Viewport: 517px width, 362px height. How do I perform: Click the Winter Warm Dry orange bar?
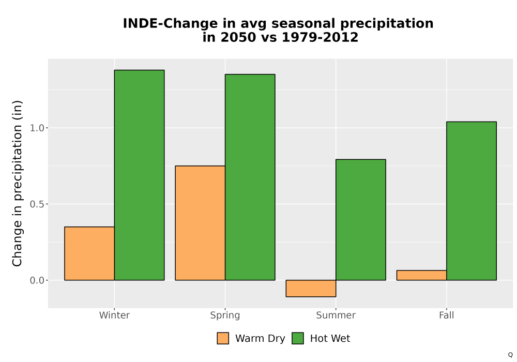point(89,253)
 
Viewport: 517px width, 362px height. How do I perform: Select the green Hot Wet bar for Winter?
point(139,175)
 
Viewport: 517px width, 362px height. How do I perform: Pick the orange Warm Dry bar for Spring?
point(200,223)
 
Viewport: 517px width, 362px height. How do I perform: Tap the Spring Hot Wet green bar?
point(250,177)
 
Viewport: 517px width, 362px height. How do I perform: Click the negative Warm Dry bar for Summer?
point(311,289)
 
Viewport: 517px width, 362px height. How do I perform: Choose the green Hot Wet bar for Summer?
point(361,220)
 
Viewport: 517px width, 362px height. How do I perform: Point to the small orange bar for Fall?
point(422,275)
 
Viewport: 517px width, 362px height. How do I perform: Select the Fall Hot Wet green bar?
point(472,201)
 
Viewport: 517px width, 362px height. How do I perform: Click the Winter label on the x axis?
point(114,315)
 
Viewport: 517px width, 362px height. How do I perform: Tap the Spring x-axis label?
point(225,315)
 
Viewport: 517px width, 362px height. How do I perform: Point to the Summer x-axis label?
point(336,315)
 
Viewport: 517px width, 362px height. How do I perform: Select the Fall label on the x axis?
point(447,315)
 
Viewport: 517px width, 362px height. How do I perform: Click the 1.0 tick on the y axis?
point(37,128)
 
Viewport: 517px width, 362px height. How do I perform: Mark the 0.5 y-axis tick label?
point(37,204)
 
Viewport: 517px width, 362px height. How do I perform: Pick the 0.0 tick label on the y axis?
point(37,280)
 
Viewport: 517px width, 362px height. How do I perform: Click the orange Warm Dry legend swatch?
point(223,338)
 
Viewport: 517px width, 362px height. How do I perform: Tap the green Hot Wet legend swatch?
point(298,338)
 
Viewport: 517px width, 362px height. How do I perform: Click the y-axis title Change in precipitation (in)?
point(17,183)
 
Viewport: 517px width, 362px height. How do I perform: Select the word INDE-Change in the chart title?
point(170,24)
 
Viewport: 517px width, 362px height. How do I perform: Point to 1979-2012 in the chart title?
point(320,37)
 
